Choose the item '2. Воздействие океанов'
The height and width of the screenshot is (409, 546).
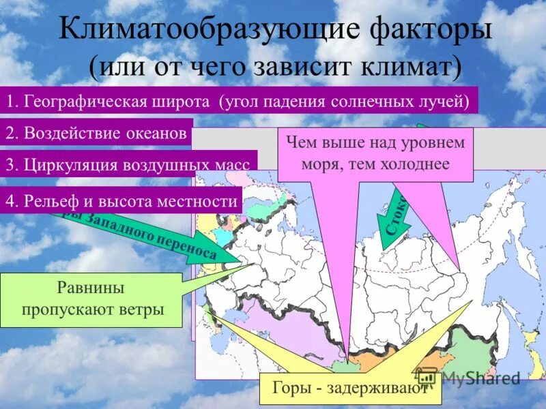click(x=96, y=133)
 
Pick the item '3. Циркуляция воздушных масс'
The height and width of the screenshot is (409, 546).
click(x=128, y=164)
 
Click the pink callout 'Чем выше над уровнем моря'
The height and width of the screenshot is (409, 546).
click(x=375, y=154)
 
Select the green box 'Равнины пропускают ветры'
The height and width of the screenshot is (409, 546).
click(x=91, y=300)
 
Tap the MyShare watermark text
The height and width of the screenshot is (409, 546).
click(x=478, y=378)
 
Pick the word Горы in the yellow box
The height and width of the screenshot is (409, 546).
click(x=289, y=389)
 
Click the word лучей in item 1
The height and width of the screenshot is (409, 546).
click(x=446, y=101)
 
